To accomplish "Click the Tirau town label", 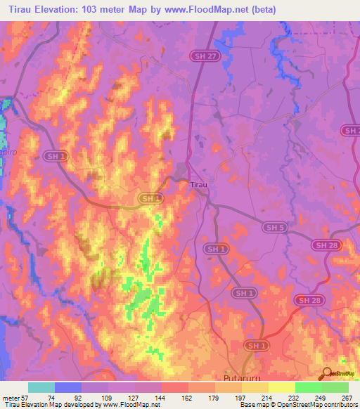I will click(x=198, y=185).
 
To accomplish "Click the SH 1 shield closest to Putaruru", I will click(x=256, y=346).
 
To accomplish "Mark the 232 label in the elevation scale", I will click(x=292, y=398).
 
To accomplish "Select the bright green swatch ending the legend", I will click(x=335, y=387).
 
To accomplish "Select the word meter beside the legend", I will click(x=12, y=398).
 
